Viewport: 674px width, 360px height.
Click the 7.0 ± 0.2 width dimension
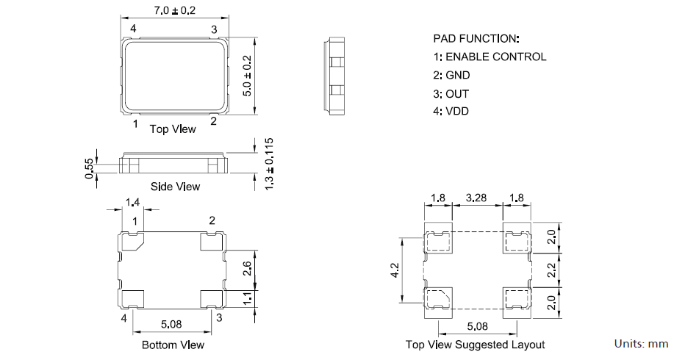(x=173, y=10)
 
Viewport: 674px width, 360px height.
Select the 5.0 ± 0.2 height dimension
(x=248, y=75)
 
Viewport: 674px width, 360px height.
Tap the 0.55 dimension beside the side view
(x=90, y=168)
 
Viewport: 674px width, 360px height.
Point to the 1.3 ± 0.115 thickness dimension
(x=269, y=164)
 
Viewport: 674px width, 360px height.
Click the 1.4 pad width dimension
(x=133, y=202)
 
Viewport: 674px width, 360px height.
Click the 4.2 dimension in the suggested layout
(x=395, y=270)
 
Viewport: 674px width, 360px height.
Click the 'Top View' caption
(x=173, y=129)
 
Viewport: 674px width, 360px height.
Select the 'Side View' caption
(x=175, y=187)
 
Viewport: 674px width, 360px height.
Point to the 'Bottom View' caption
(x=173, y=345)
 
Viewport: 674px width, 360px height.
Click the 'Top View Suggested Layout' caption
(x=475, y=345)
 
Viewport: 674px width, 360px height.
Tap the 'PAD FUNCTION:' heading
(x=476, y=38)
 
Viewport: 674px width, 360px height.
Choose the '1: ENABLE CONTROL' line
(x=490, y=57)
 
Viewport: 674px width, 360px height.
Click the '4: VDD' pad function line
(x=451, y=112)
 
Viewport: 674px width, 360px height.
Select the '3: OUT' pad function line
(x=451, y=93)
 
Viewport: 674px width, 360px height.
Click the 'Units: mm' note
(x=641, y=344)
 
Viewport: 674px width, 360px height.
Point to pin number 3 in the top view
(x=214, y=29)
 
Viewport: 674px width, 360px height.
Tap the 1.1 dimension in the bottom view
(x=247, y=298)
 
